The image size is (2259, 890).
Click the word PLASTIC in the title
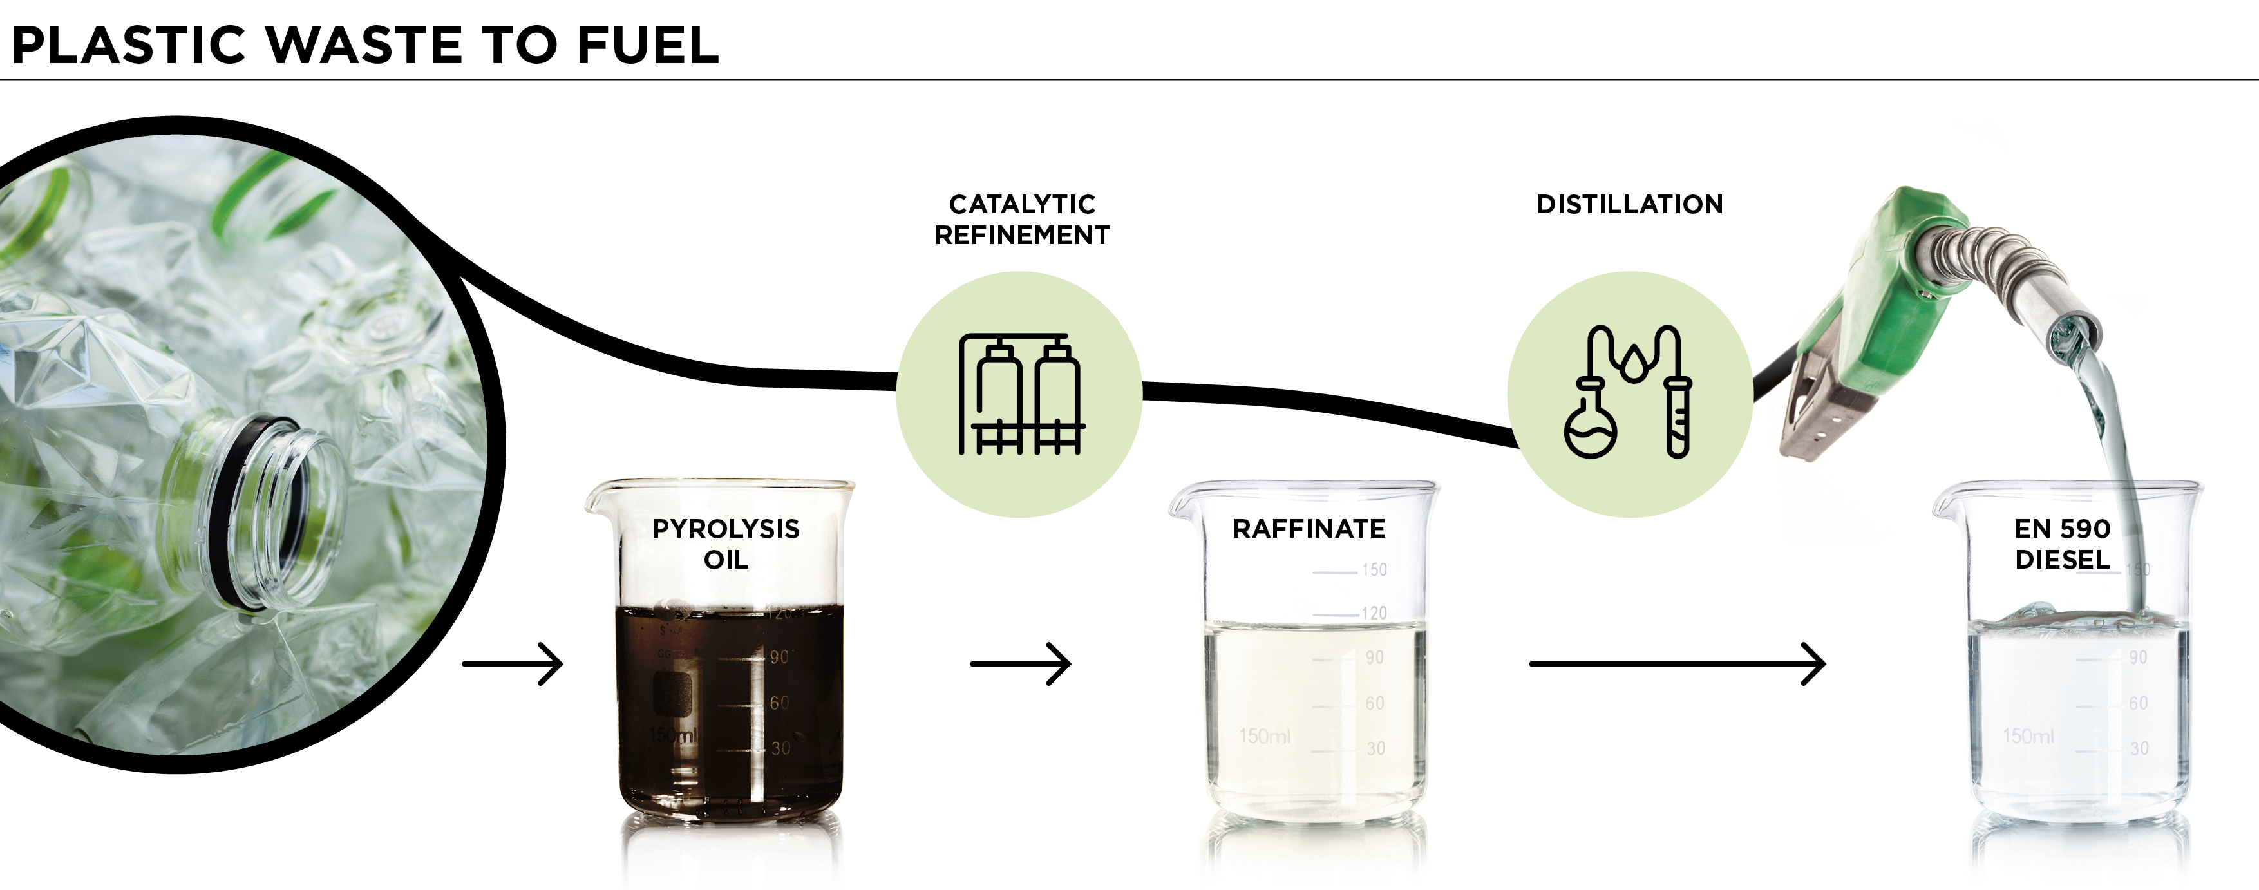(x=128, y=46)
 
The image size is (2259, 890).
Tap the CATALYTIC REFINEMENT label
(x=1021, y=219)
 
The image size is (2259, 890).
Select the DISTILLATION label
(x=1629, y=204)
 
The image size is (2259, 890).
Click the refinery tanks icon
(x=1021, y=395)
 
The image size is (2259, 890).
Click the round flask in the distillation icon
(x=1590, y=430)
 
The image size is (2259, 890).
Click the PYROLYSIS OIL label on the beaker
(x=726, y=544)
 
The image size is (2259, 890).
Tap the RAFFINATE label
(x=1309, y=529)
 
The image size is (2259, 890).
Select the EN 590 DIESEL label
(x=2062, y=544)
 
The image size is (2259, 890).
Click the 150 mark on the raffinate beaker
(x=1374, y=570)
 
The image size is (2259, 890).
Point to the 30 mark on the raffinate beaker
(x=1375, y=748)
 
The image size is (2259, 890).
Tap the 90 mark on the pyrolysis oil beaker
(x=779, y=657)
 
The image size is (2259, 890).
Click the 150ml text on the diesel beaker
(x=2027, y=735)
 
